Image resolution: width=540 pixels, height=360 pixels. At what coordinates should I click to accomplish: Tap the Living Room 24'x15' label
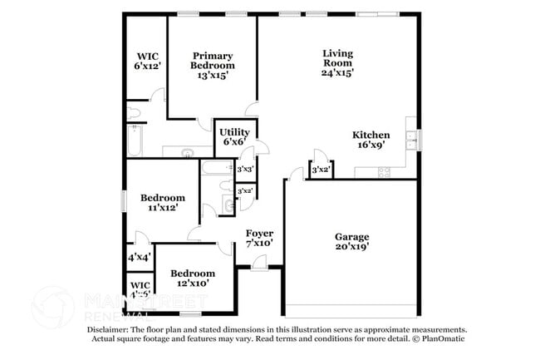(337, 62)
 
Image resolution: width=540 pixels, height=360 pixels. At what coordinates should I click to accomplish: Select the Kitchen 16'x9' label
(371, 140)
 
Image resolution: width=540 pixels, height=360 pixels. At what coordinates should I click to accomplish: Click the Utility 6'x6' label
(234, 137)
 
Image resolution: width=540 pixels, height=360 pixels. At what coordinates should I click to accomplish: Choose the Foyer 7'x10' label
(259, 238)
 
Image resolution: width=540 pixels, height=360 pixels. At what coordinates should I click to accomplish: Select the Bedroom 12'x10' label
(192, 278)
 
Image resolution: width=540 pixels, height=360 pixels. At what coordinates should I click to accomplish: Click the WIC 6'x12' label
(148, 61)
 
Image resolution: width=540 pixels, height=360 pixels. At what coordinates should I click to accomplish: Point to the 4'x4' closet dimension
(138, 258)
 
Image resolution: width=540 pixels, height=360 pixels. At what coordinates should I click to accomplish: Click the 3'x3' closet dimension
(245, 170)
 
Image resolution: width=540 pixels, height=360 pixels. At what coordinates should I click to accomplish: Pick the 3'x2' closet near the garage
(320, 170)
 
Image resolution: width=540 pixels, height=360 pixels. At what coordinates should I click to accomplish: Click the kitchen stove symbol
(385, 172)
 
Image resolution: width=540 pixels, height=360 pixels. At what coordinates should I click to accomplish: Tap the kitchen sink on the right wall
(410, 138)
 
